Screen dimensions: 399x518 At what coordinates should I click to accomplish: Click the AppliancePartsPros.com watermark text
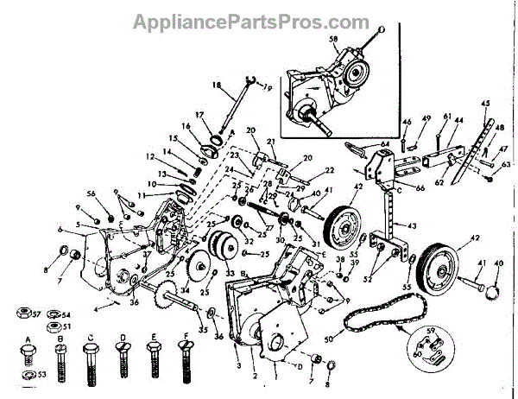pos(258,20)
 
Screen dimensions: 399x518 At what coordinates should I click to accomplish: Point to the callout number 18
pos(218,85)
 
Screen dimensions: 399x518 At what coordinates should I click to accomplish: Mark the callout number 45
pos(486,104)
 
